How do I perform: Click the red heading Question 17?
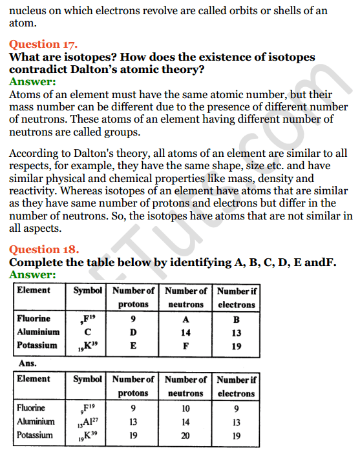[x=43, y=44]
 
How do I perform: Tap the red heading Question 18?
[x=43, y=249]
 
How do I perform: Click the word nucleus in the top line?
[x=30, y=10]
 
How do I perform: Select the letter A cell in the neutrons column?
[x=186, y=319]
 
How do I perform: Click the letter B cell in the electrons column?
[x=237, y=319]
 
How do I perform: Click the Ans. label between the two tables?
[x=27, y=363]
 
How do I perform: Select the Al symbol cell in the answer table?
[x=88, y=422]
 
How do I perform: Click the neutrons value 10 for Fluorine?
[x=186, y=408]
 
